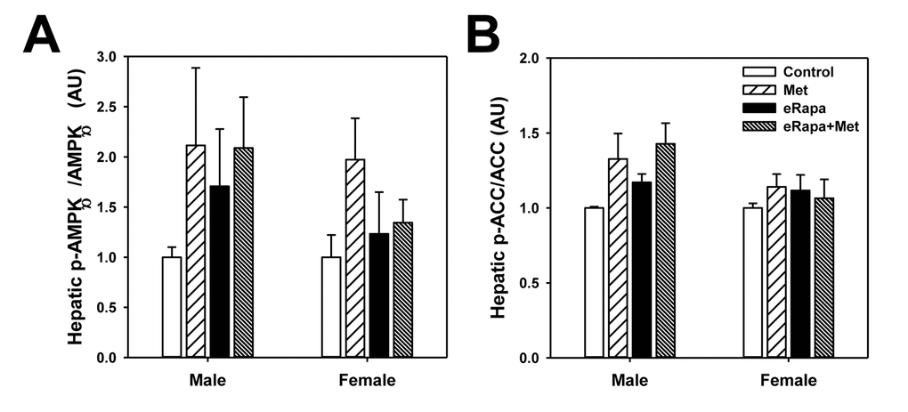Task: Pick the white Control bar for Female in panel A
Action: click(x=331, y=307)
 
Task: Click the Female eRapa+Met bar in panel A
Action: click(x=402, y=289)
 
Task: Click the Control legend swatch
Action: click(x=758, y=72)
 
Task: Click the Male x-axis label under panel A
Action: click(x=207, y=382)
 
